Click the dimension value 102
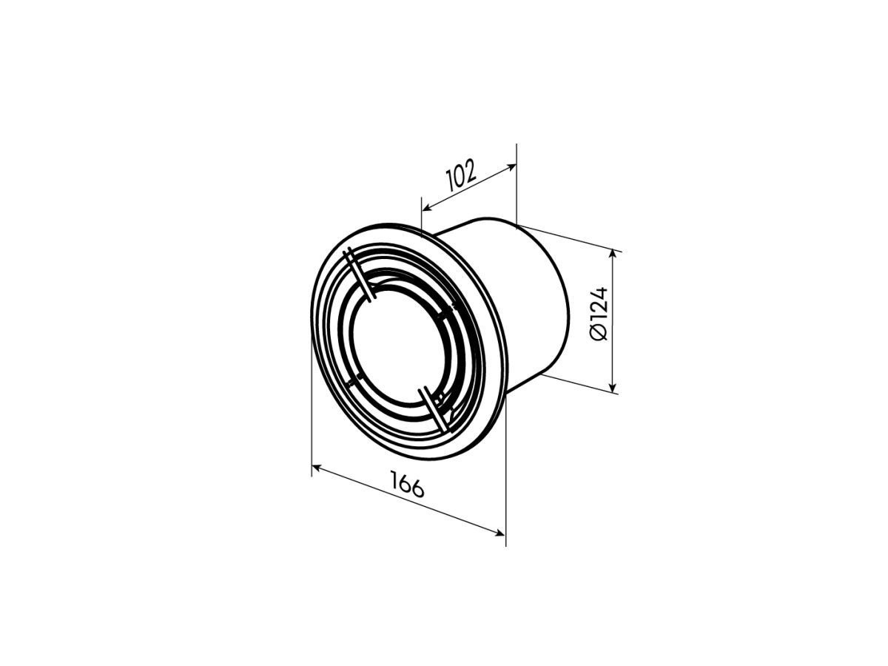[461, 175]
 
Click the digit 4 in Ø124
[599, 293]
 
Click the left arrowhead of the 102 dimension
[426, 208]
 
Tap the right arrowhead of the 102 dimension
[512, 166]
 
